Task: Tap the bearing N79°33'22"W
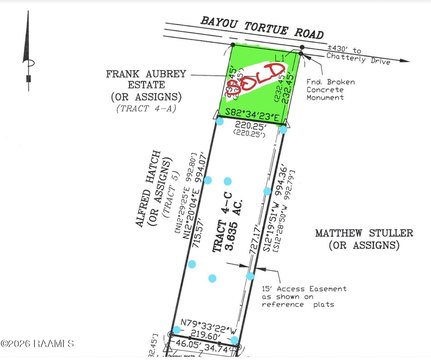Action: tap(217, 326)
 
